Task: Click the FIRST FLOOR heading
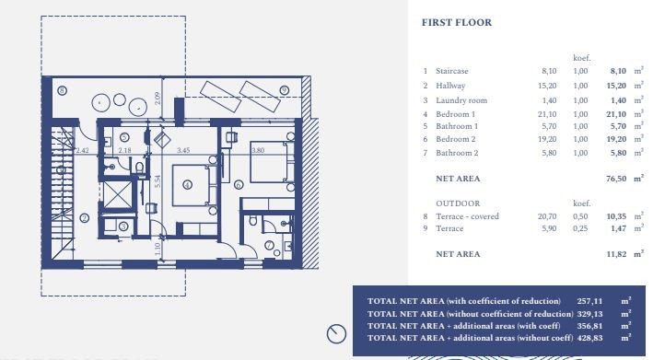point(457,22)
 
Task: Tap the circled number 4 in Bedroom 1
point(187,185)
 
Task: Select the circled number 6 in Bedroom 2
point(239,184)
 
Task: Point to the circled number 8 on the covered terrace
point(62,90)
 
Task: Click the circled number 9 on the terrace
point(285,90)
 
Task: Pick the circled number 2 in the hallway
point(84,218)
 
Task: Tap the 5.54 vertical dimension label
point(157,181)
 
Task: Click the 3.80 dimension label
point(258,150)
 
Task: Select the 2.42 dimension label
point(83,150)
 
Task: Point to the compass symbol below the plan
point(336,334)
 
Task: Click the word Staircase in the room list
point(452,71)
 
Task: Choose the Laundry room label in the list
point(461,100)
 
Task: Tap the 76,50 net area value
point(616,179)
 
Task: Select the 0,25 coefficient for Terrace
point(580,228)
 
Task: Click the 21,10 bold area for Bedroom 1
point(616,114)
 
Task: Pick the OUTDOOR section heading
point(458,203)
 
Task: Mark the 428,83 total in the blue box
point(589,338)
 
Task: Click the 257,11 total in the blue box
point(589,301)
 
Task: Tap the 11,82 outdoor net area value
point(616,254)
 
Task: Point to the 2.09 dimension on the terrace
point(157,99)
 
